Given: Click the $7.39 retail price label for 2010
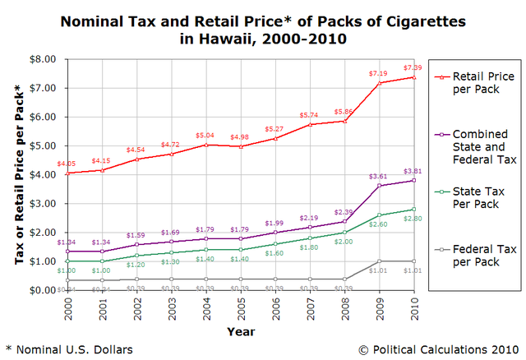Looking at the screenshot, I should pos(413,67).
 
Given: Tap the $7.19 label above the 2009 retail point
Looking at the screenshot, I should pos(379,73).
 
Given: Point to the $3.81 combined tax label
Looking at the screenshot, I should pos(413,171).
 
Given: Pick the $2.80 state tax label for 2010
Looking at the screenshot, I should pos(413,219).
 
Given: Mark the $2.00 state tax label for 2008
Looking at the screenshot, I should pos(344,242).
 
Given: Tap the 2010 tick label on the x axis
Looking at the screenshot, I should pos(413,310).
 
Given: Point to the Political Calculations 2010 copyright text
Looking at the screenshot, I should pos(440,349).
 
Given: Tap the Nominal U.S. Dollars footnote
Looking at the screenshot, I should pos(69,349).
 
